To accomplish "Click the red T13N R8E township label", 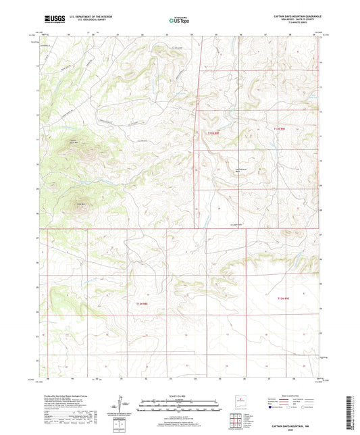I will pyautogui.click(x=214, y=134).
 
